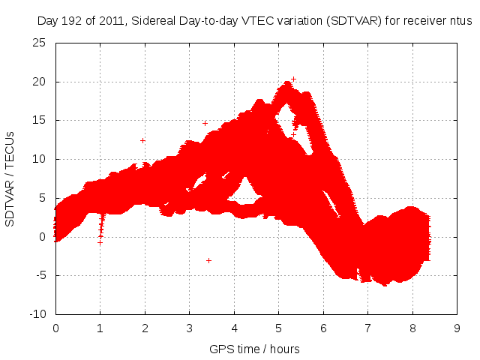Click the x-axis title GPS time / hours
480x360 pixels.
tap(255, 348)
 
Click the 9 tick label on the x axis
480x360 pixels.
tap(457, 328)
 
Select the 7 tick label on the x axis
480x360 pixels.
tap(367, 328)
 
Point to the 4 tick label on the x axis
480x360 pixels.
tap(234, 328)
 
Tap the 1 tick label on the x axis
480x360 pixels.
tap(100, 328)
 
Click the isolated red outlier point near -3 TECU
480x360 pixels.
tap(208, 260)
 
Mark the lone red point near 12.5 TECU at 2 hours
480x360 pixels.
tap(142, 140)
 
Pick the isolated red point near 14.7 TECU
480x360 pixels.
tap(205, 123)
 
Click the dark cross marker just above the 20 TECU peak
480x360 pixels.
tap(294, 79)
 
